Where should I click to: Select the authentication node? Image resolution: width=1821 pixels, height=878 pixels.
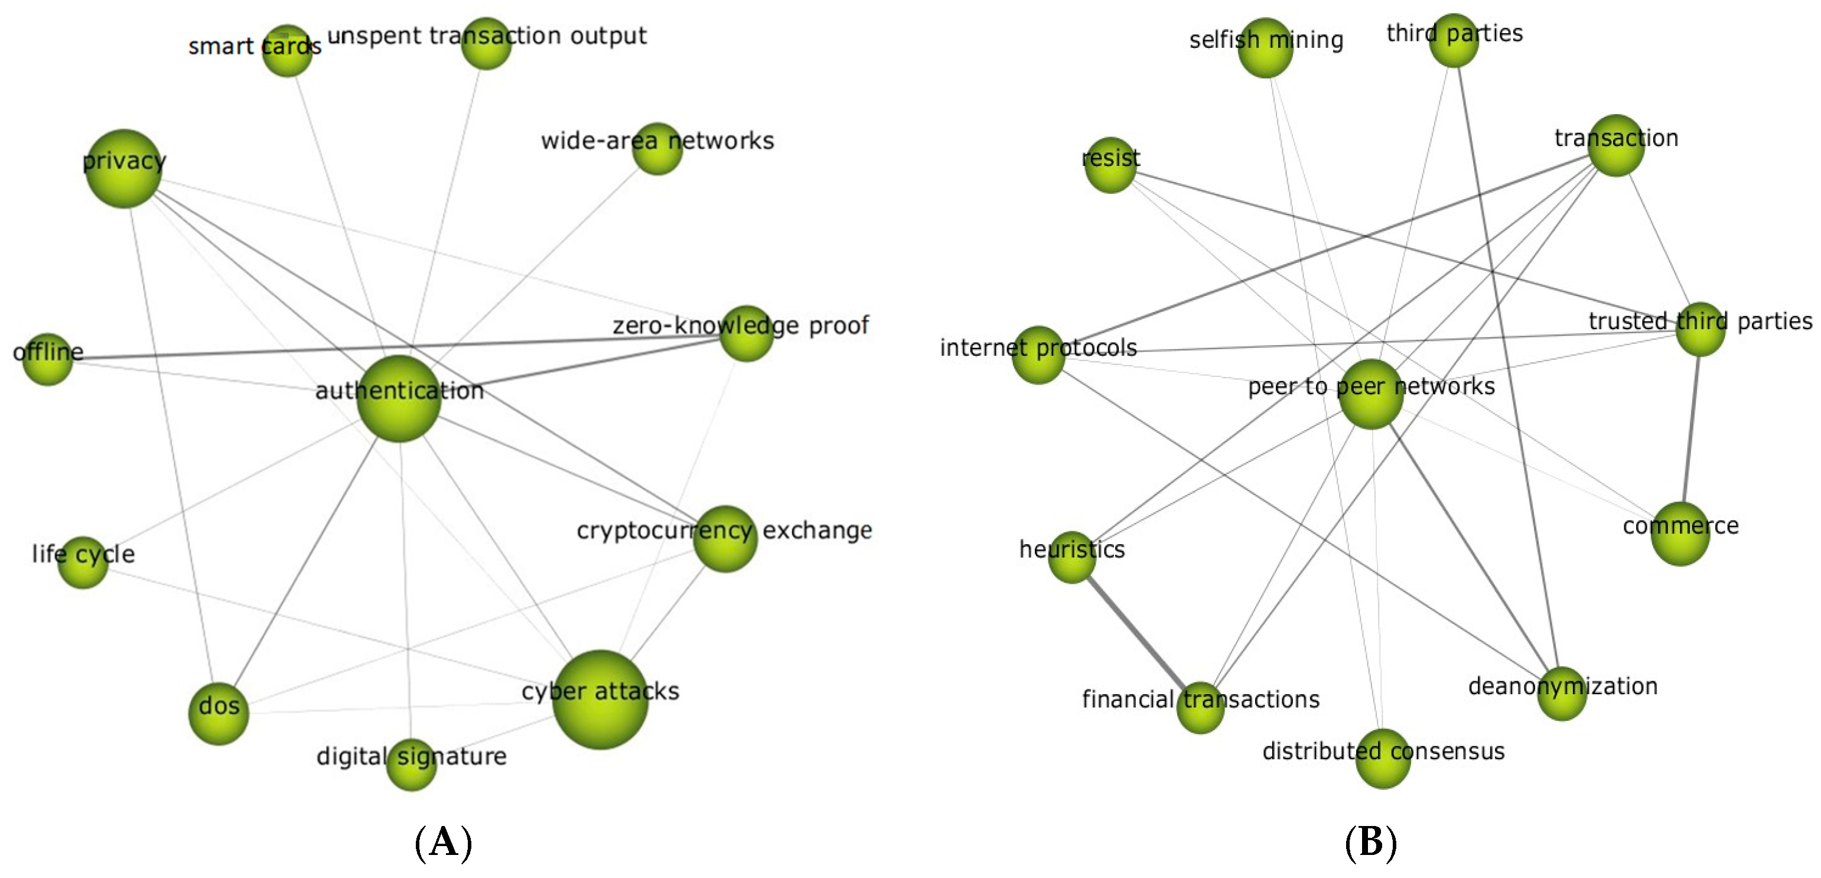tap(399, 399)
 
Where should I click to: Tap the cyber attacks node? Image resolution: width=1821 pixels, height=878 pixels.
tap(600, 699)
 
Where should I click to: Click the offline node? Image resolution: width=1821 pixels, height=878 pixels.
tap(47, 359)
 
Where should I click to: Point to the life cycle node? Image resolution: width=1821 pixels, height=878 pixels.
tap(83, 562)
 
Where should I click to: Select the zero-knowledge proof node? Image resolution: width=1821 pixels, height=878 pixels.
tap(747, 333)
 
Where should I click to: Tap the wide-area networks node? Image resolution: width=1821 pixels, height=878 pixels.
tap(657, 148)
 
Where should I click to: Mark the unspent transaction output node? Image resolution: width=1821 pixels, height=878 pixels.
tap(486, 44)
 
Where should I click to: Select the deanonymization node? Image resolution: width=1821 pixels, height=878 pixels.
tap(1562, 694)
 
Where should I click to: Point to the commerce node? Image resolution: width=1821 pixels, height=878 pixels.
tap(1680, 534)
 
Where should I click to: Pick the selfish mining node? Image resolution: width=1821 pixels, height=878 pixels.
tap(1265, 48)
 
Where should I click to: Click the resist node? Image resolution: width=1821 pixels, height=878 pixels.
tap(1110, 165)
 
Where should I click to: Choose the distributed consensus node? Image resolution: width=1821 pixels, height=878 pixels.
tap(1383, 759)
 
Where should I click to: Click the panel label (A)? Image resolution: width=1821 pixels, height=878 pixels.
tap(443, 843)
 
